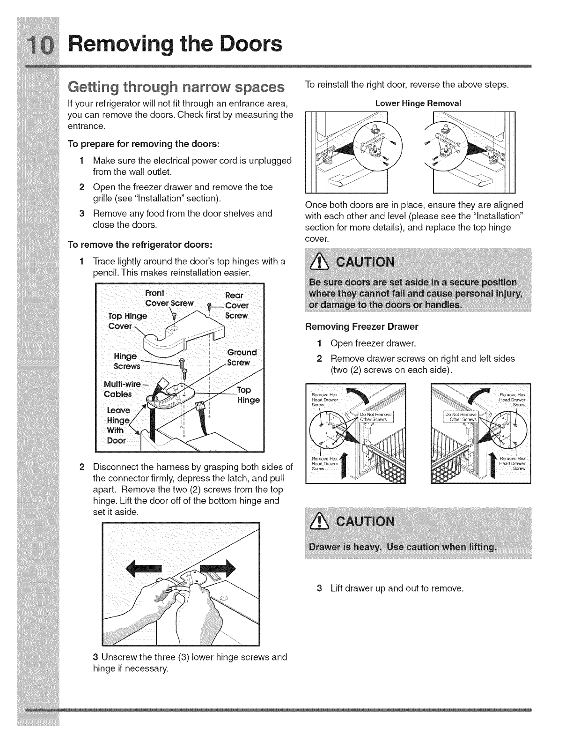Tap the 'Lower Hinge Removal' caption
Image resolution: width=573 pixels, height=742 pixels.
coord(418,103)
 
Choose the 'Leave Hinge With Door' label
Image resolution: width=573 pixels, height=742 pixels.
coord(116,425)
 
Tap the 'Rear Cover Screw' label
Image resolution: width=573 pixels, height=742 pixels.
coord(236,305)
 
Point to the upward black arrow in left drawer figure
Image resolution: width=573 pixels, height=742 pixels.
coord(345,465)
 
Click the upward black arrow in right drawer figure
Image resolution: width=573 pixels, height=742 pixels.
coord(493,465)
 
